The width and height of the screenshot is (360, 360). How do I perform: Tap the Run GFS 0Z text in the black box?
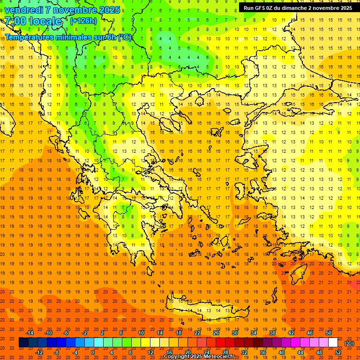262,8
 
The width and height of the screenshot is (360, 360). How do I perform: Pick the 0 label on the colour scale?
93,352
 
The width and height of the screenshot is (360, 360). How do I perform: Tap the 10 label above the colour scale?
141,333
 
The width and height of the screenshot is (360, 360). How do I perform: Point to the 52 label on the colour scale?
337,352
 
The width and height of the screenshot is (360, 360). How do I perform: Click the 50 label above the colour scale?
328,333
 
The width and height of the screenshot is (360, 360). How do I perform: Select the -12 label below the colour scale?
40,352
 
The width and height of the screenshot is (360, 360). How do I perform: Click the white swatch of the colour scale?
333,343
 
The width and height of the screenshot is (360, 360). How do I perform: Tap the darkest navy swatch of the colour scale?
23,343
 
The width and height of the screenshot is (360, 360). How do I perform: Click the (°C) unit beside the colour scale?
349,343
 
